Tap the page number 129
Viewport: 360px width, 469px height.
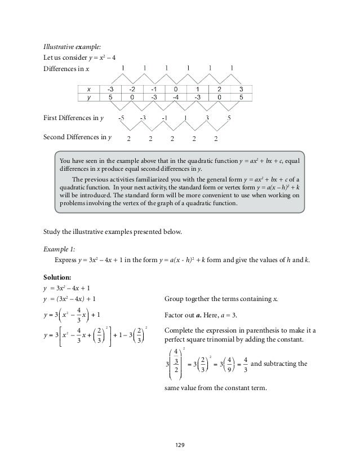(x=179, y=444)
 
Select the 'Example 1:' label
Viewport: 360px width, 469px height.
(x=59, y=248)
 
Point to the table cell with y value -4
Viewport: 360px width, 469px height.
(x=176, y=96)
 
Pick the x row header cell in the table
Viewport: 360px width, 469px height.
(x=88, y=89)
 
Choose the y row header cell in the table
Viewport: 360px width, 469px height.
(x=88, y=96)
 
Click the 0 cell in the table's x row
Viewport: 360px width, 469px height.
(x=176, y=89)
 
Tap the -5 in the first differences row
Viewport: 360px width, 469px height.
(x=122, y=118)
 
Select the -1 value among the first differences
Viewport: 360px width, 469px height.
(x=164, y=118)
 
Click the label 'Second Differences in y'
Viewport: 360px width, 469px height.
(x=77, y=137)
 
